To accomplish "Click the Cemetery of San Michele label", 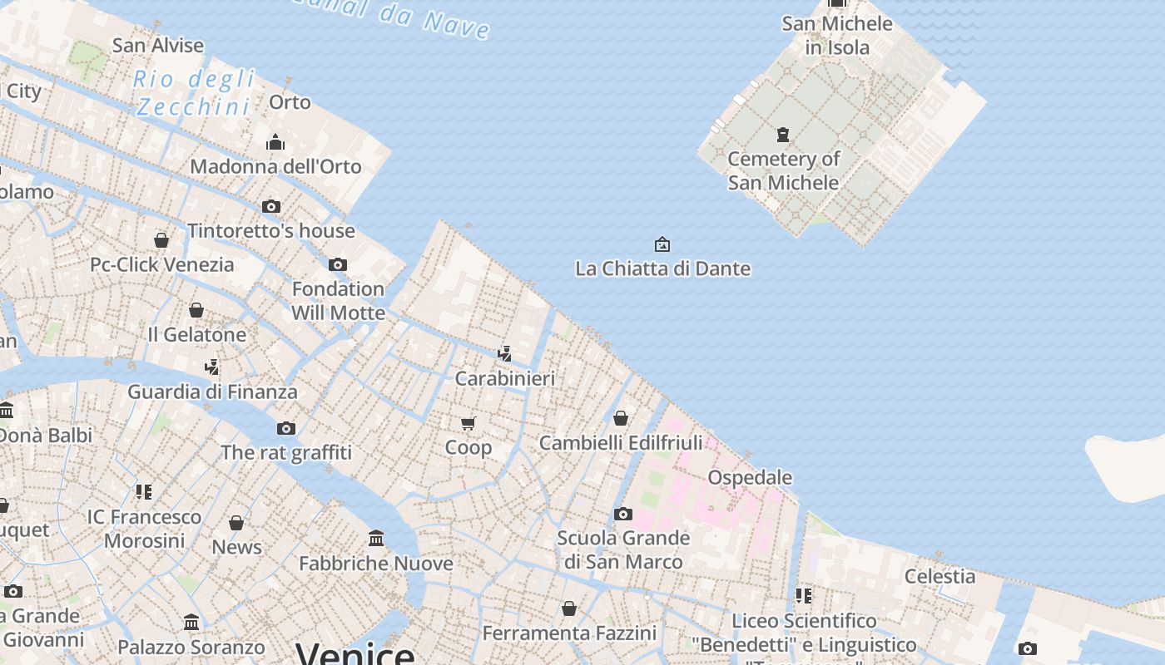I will [783, 170].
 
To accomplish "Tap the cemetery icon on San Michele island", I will [782, 134].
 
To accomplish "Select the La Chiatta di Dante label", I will [662, 268].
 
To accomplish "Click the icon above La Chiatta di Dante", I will [662, 244].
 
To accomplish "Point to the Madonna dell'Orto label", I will [275, 166].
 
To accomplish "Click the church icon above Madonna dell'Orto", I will [275, 142].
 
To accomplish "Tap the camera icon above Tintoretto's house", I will [271, 206].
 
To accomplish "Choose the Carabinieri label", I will [504, 378].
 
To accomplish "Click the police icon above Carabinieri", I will [504, 354].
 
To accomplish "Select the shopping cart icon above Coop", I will [468, 423].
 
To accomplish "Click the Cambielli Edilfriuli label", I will [621, 442].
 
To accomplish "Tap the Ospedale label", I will [750, 477].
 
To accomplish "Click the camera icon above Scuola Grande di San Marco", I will [623, 514].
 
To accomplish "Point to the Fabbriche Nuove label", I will [376, 563].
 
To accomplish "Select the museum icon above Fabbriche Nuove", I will [376, 539].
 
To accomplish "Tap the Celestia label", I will [939, 576].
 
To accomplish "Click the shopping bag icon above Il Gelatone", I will [196, 310].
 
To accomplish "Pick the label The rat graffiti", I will [286, 452].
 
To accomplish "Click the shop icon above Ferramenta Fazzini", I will [569, 609].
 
